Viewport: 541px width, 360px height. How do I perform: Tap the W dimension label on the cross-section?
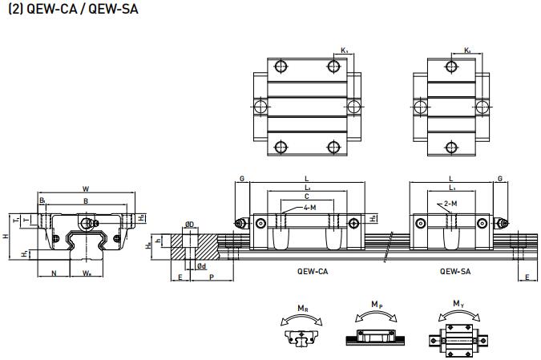(85, 189)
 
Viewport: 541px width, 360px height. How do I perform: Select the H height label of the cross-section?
(6, 236)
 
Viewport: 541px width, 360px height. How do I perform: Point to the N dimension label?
(53, 273)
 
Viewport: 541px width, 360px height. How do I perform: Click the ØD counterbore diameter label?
(188, 224)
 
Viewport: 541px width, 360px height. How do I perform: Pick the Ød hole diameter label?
(202, 265)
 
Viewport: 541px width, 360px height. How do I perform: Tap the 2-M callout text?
(450, 204)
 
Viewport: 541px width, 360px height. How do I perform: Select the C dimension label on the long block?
(306, 195)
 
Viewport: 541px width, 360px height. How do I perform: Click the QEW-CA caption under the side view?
(313, 272)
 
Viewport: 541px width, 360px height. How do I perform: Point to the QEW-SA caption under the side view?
(455, 272)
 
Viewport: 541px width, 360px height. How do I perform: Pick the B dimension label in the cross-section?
(86, 200)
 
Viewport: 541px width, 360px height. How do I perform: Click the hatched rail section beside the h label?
(178, 249)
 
